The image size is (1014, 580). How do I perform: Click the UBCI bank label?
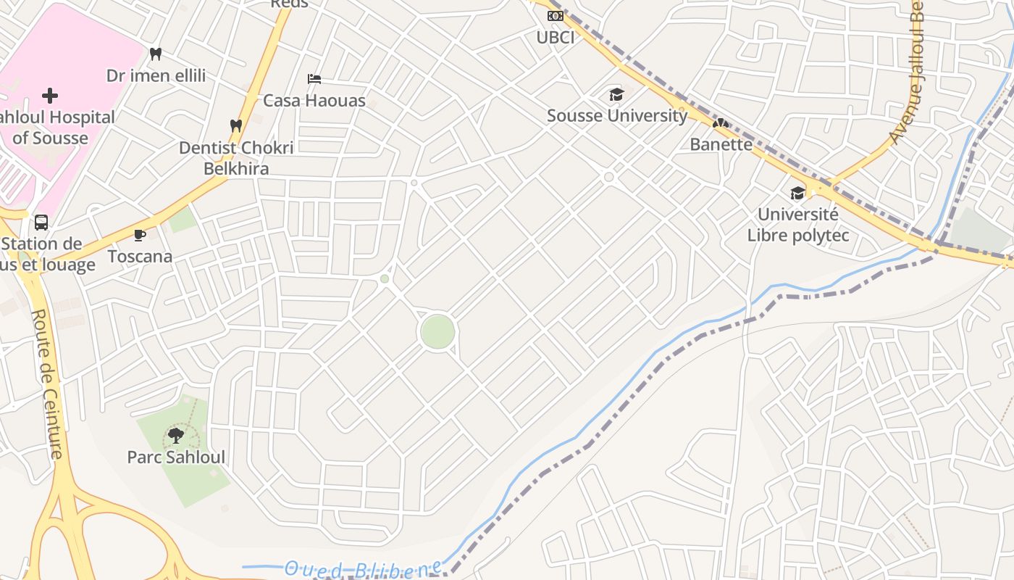[x=556, y=37]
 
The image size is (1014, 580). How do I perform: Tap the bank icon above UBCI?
[x=556, y=15]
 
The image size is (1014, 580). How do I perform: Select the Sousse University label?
[x=616, y=115]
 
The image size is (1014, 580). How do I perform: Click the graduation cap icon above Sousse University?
[x=616, y=94]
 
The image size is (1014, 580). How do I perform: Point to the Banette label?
[x=721, y=144]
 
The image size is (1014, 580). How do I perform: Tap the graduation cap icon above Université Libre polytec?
[x=797, y=193]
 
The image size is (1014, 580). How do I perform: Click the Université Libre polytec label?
[x=797, y=225]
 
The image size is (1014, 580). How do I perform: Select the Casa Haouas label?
[x=314, y=100]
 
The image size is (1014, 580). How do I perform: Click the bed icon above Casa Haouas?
[x=314, y=78]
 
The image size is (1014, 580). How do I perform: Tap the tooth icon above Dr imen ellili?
[x=156, y=54]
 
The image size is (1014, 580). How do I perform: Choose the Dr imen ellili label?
[x=156, y=75]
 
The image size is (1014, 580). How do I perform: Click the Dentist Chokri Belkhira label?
[x=236, y=158]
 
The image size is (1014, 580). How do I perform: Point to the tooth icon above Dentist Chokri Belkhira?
[x=235, y=125]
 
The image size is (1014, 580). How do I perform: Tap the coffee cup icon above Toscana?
[x=140, y=235]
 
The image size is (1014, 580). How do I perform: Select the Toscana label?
[x=140, y=256]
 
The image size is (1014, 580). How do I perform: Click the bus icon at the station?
[x=41, y=222]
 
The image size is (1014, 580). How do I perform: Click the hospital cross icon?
[x=50, y=95]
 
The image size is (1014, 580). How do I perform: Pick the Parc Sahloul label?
[x=176, y=457]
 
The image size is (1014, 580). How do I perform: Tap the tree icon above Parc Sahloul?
[x=175, y=435]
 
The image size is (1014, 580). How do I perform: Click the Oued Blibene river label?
[x=362, y=569]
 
